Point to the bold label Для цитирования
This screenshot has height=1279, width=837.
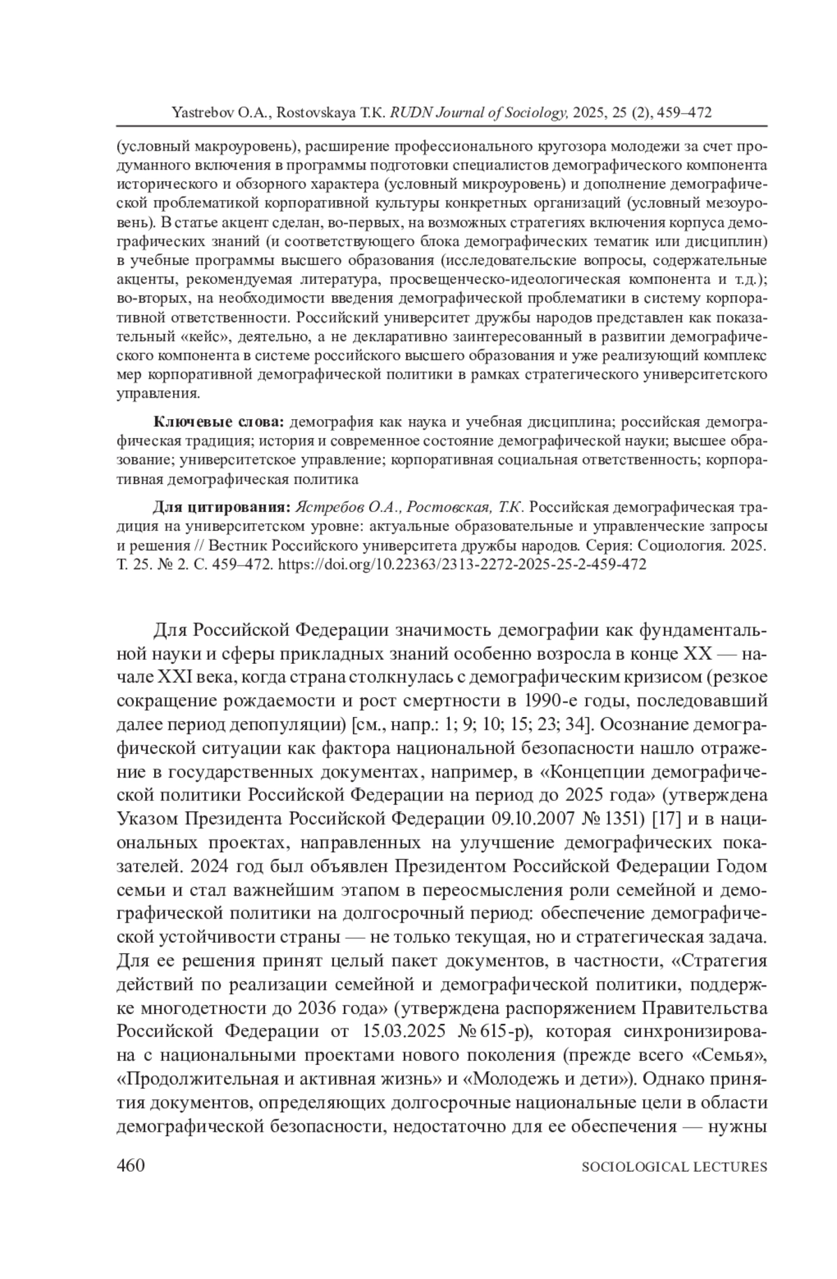tap(223, 506)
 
